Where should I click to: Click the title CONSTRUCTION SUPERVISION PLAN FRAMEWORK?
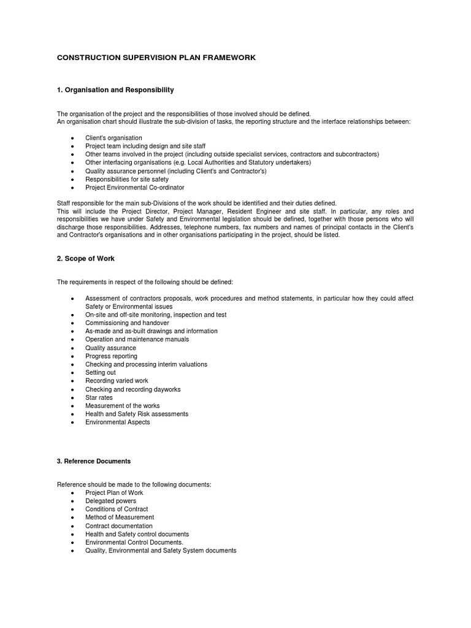point(156,58)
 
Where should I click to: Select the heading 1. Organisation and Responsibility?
point(115,90)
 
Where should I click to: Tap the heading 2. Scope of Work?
point(86,259)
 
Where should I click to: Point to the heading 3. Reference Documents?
point(94,461)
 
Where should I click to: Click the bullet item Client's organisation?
point(113,138)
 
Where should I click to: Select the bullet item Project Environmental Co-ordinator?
point(135,188)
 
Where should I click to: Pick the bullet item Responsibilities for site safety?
point(127,179)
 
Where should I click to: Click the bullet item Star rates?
point(99,397)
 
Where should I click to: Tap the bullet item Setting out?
point(101,373)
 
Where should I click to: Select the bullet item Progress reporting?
point(112,356)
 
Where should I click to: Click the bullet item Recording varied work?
point(117,381)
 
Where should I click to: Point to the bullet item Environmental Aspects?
point(118,423)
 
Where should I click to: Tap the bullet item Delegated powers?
point(111,501)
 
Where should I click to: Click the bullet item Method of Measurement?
point(120,518)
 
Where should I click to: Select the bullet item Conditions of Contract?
point(117,509)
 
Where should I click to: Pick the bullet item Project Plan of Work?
point(114,492)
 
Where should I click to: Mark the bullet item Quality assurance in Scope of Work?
point(111,348)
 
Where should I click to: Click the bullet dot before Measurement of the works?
point(72,407)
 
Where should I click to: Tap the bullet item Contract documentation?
point(119,526)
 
